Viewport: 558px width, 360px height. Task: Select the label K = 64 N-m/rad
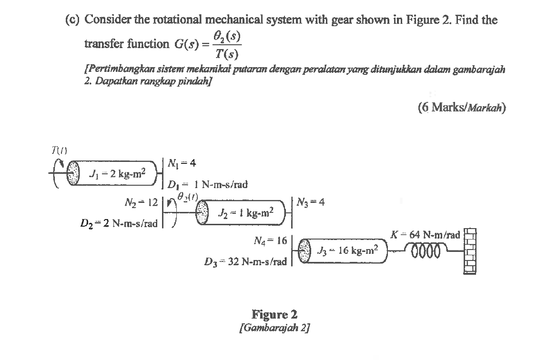point(425,234)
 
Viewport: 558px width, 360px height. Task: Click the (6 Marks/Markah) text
point(461,108)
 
